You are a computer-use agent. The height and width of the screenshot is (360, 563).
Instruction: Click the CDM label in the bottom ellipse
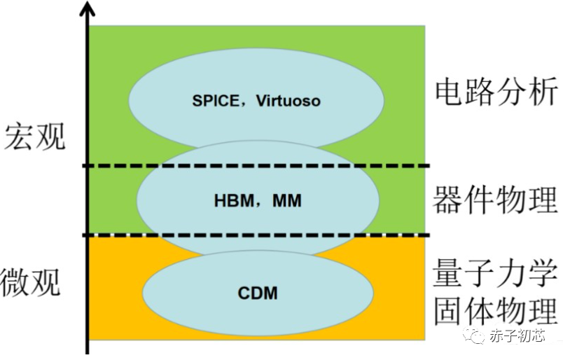click(x=258, y=293)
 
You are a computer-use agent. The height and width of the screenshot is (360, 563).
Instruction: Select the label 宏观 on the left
click(x=34, y=136)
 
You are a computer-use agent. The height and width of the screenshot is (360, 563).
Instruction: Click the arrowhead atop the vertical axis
click(x=87, y=10)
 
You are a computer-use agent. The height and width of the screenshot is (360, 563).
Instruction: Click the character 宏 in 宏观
click(x=18, y=136)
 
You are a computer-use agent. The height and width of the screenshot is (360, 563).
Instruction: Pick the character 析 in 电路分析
click(x=543, y=92)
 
